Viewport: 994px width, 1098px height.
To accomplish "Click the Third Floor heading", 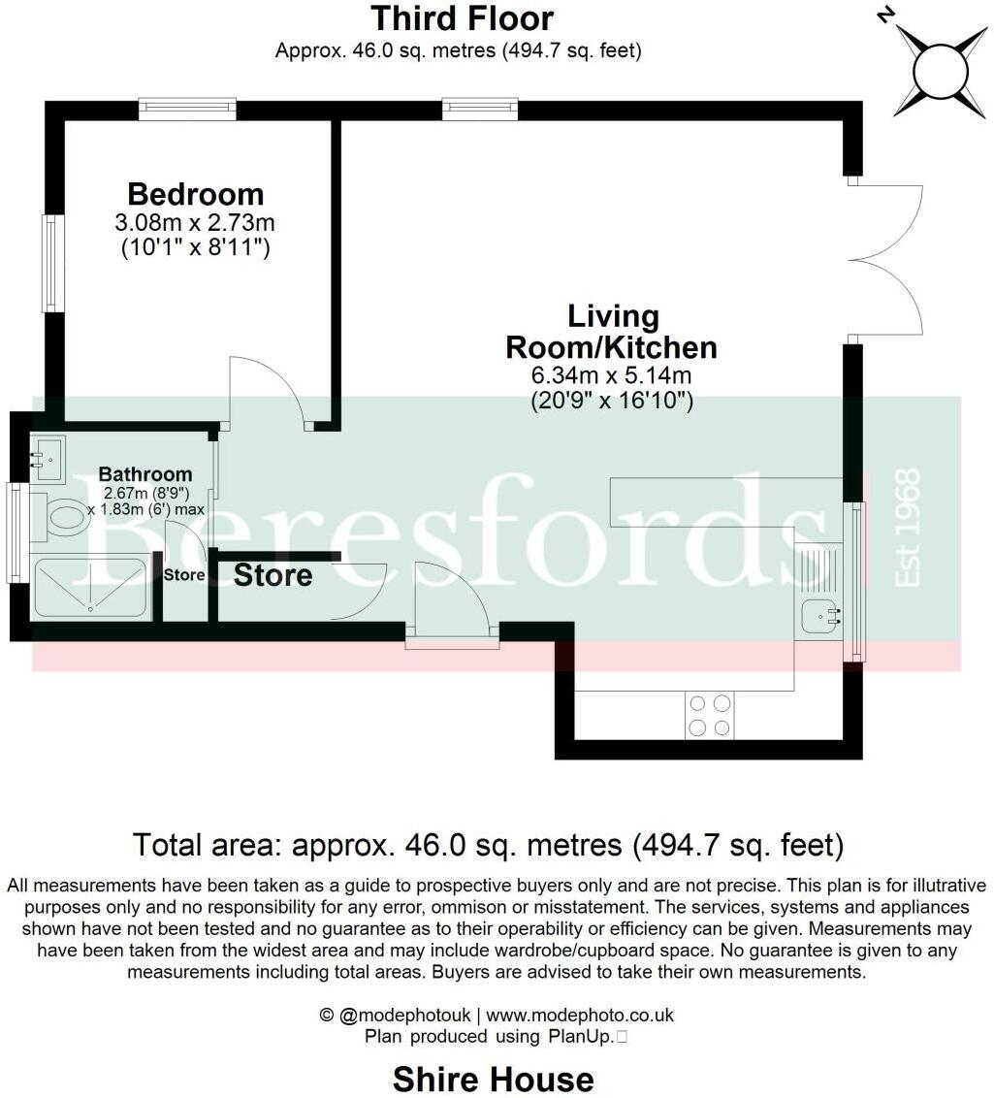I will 463,18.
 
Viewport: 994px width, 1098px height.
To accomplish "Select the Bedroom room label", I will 195,194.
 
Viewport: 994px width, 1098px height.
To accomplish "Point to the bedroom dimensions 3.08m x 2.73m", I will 195,223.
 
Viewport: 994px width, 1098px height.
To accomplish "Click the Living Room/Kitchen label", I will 613,332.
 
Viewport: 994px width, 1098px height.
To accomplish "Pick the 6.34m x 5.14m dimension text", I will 611,375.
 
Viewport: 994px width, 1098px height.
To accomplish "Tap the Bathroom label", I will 145,474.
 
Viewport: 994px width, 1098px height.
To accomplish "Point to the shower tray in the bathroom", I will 89,587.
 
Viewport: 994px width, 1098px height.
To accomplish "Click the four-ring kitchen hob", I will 709,716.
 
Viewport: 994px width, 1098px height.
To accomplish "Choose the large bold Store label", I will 273,575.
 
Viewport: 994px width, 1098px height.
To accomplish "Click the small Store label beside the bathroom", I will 183,575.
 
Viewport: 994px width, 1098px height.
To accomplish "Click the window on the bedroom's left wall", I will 52,263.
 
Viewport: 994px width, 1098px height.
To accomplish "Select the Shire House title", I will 493,1079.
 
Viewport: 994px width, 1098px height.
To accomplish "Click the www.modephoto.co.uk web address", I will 579,1016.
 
